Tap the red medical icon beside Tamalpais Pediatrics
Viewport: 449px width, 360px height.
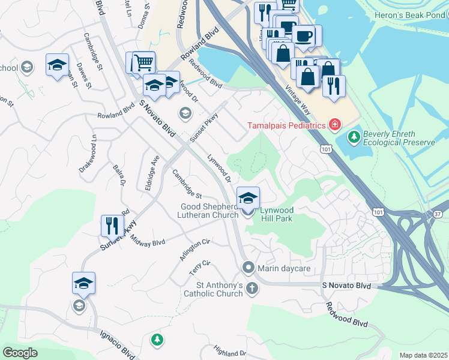334,125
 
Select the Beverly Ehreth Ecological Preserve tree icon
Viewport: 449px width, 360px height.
355,138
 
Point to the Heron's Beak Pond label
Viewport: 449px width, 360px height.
416,14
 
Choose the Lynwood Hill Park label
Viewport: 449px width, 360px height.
277,215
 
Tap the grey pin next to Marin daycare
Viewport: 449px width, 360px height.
249,268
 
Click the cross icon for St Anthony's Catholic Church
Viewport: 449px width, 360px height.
252,289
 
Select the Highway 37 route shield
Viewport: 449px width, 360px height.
436,214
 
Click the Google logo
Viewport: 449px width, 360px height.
20,352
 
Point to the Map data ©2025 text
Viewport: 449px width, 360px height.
423,355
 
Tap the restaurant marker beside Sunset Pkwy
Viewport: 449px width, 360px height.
112,226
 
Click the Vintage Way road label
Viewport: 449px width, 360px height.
298,96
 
